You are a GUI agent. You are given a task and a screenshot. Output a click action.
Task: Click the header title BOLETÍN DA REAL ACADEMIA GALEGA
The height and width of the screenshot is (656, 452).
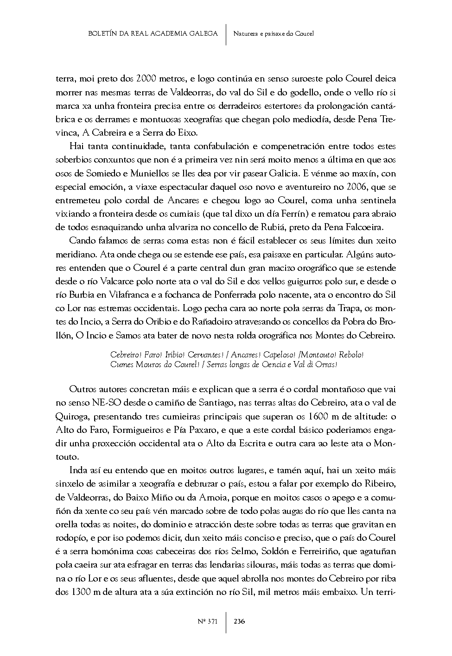(153, 34)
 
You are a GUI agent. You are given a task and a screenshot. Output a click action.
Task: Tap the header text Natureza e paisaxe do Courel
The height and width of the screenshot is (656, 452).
(274, 34)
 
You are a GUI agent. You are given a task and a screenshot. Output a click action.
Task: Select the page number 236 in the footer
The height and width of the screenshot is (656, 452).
(239, 621)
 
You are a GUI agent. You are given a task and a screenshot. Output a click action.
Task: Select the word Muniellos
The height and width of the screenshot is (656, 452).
(143, 174)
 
